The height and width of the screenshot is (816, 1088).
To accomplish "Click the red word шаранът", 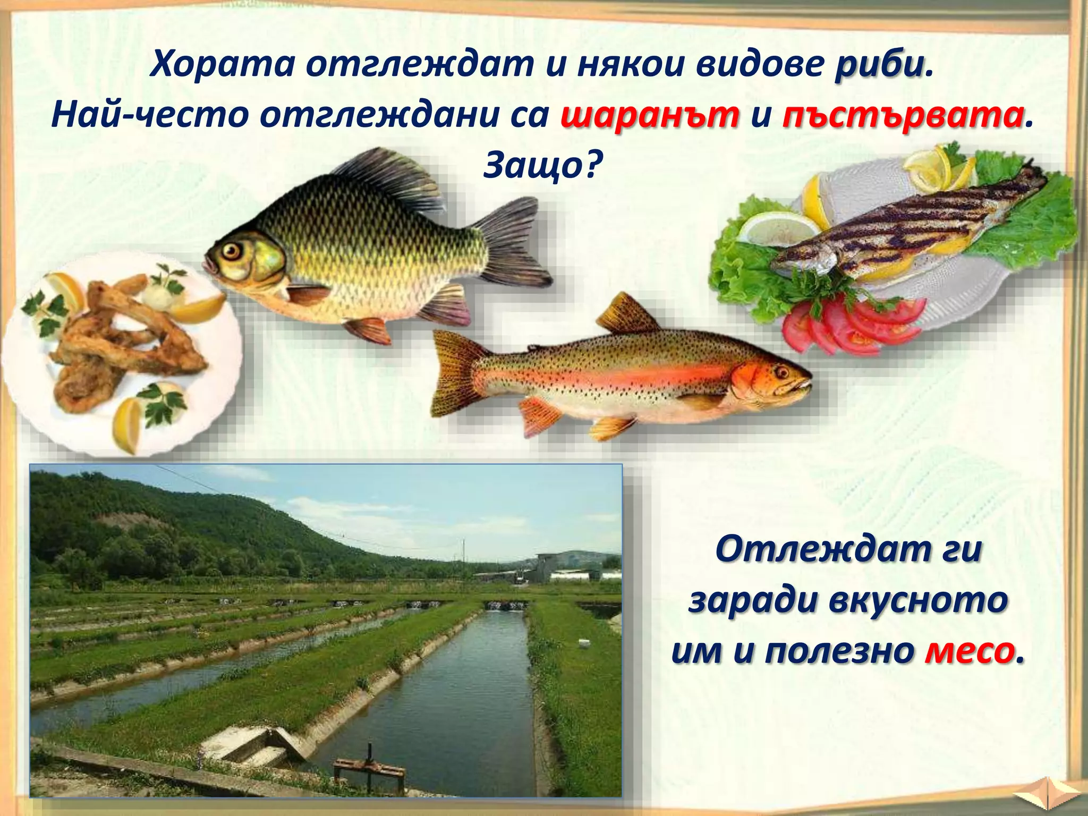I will point(650,116).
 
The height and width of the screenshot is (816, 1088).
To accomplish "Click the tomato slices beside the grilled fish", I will point(850,324).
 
